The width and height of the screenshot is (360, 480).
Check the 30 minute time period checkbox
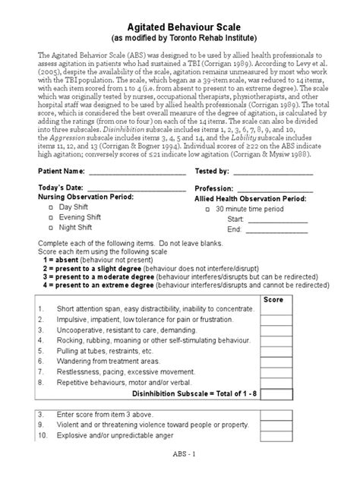(207, 208)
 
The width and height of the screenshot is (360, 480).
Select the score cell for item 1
(293, 311)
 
